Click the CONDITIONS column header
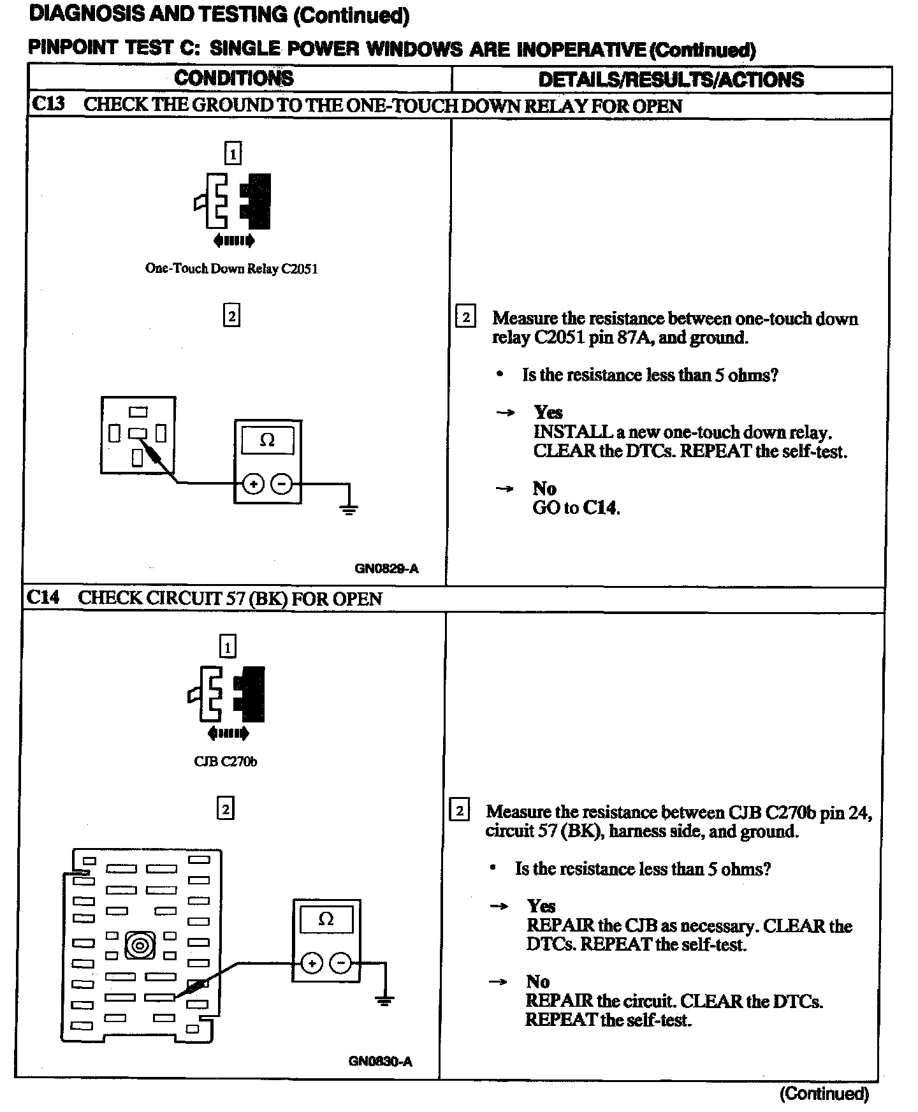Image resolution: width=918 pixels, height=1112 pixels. click(x=234, y=78)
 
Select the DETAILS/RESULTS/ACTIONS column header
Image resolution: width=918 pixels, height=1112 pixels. click(x=671, y=80)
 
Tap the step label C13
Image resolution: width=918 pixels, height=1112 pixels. click(x=48, y=105)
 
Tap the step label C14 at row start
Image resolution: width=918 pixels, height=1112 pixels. click(x=43, y=597)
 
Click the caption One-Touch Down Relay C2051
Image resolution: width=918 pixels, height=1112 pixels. click(x=231, y=268)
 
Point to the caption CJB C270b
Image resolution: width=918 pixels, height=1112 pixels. click(x=226, y=761)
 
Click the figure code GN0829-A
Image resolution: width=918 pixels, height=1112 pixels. click(x=386, y=568)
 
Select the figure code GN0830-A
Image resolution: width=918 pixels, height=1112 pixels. click(x=380, y=1061)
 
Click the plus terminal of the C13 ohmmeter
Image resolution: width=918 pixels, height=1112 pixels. click(x=254, y=484)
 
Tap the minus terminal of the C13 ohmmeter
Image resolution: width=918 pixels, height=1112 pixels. click(x=282, y=484)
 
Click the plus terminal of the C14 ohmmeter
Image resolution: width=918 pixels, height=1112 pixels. click(x=312, y=963)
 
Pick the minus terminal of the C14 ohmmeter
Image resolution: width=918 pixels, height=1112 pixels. click(x=340, y=963)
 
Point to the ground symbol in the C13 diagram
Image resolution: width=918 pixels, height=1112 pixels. click(x=349, y=508)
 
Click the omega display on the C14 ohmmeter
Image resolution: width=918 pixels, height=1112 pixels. click(x=326, y=919)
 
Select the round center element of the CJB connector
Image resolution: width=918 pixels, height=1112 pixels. click(x=140, y=944)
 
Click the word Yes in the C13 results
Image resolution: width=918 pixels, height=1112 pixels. click(x=548, y=412)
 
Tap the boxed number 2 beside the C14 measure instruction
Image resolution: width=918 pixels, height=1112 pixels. click(x=459, y=811)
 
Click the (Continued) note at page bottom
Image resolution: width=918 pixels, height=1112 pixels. click(x=824, y=1094)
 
